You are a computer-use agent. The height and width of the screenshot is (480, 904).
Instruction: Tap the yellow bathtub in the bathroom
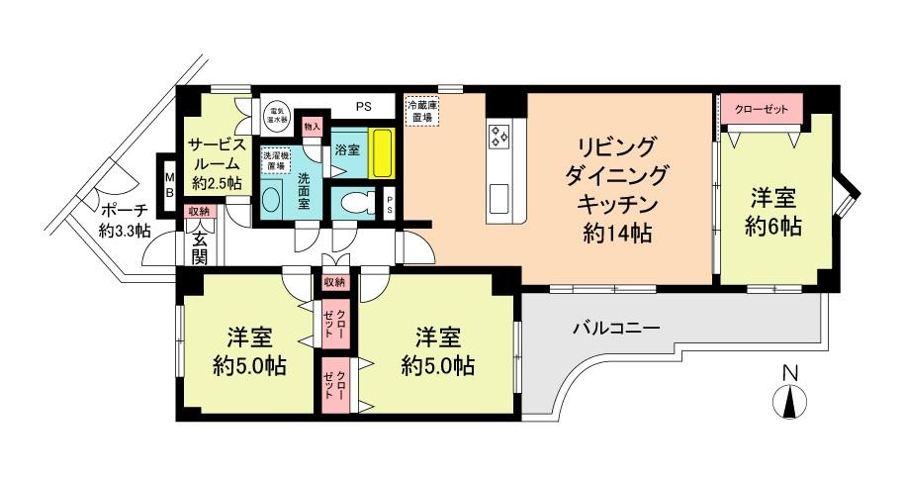380,153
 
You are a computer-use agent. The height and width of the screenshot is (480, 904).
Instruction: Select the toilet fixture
354,202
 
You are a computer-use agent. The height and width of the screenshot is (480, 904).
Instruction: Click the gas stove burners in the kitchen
497,135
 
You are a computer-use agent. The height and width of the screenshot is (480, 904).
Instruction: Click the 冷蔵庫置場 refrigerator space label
422,109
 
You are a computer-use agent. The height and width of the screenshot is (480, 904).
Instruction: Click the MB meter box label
169,185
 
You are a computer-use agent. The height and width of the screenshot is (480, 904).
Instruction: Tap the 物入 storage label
313,127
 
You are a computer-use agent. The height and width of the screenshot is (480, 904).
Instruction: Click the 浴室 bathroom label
346,151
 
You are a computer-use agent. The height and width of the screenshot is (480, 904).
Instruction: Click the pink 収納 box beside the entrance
197,212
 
